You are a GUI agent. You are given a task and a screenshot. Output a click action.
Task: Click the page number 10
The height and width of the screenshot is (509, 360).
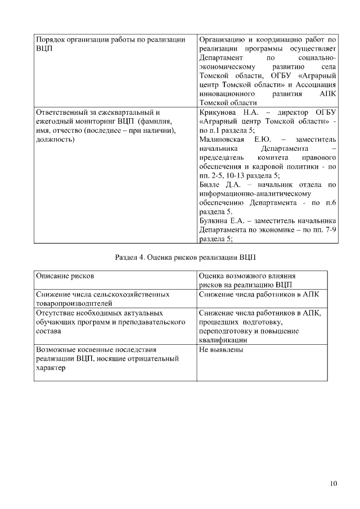(x=334, y=483)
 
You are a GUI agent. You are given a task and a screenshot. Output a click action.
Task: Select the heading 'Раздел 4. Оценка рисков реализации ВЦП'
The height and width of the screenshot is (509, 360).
(x=185, y=258)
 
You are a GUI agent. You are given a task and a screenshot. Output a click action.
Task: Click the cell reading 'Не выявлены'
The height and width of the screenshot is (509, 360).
(x=221, y=349)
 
